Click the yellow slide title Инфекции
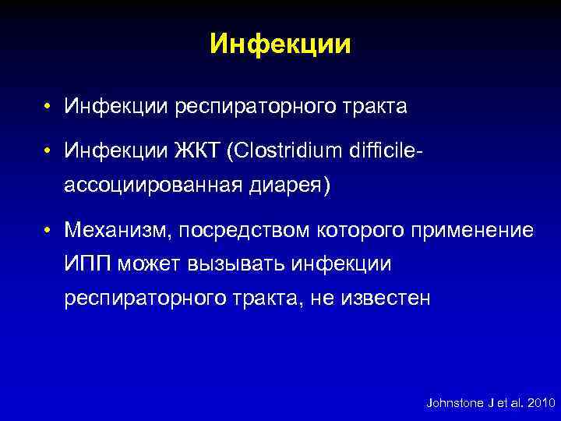[x=280, y=44]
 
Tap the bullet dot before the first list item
[x=48, y=106]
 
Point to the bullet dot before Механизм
[x=48, y=231]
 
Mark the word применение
[x=478, y=230]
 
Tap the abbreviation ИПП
[x=90, y=264]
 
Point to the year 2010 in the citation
[x=539, y=403]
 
